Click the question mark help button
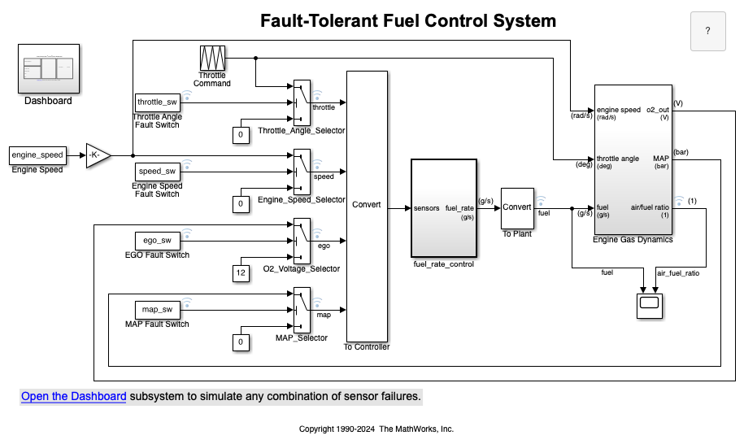(x=707, y=32)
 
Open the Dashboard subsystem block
(x=48, y=68)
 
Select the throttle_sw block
(x=157, y=102)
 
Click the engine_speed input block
(x=37, y=155)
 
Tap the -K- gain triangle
(x=97, y=155)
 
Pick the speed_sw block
(x=157, y=172)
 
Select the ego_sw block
(x=157, y=241)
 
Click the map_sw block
(x=157, y=310)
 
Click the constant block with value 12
(x=240, y=273)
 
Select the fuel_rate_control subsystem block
(x=443, y=207)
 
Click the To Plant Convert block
(x=516, y=207)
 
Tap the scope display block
(x=649, y=305)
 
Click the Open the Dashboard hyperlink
(x=74, y=397)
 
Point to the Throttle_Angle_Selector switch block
(x=302, y=102)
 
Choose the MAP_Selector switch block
(x=302, y=310)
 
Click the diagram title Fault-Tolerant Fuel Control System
(x=408, y=21)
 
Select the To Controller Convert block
(x=366, y=206)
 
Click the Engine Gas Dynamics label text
(x=634, y=240)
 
